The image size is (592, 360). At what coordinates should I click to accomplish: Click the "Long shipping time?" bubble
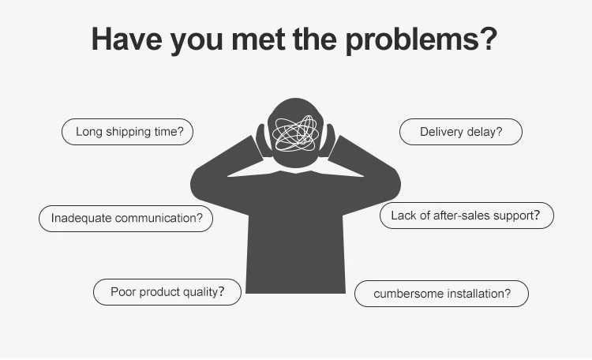127,132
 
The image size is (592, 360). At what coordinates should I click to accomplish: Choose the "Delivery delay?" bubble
461,132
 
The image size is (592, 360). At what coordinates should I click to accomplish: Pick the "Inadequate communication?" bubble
126,218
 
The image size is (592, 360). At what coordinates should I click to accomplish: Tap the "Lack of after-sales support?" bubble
466,216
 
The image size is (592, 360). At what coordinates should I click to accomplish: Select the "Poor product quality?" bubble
167,292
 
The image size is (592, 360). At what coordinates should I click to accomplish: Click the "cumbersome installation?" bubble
441,294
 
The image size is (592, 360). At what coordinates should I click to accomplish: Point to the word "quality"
200,292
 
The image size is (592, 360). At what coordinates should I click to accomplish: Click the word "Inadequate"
81,218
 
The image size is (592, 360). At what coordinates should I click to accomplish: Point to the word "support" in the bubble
518,216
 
